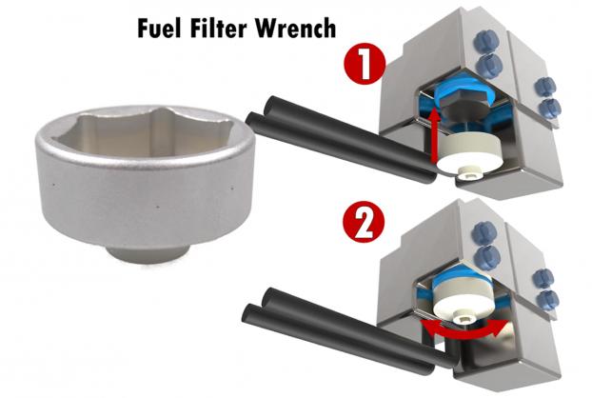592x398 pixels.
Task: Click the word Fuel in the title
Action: pos(159,28)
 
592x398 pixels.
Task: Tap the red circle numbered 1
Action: pos(365,64)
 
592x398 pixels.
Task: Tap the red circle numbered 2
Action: pos(364,222)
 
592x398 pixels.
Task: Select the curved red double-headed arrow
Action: pos(464,329)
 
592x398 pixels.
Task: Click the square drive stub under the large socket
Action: pos(148,253)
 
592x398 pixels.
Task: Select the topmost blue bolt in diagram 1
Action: pos(485,40)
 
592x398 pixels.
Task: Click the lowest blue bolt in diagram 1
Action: pos(548,109)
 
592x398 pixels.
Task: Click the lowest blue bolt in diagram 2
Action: pos(547,299)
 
